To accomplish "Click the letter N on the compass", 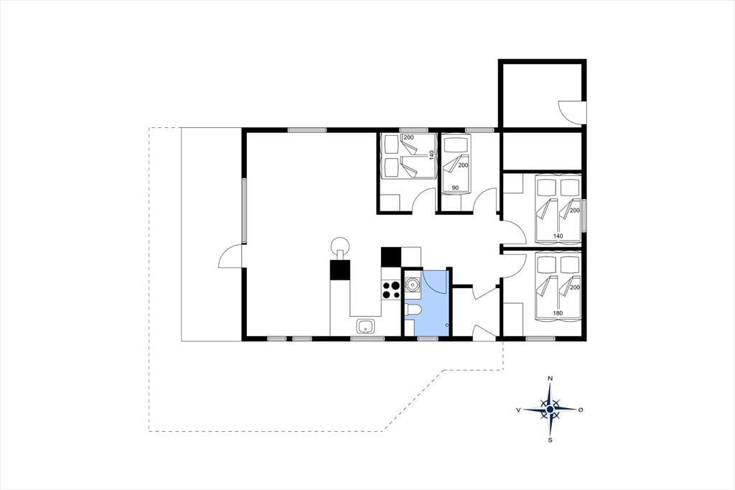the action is [x=551, y=379].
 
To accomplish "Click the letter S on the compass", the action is [x=551, y=440].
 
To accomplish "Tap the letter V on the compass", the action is [x=518, y=410].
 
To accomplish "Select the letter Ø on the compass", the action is [x=581, y=410].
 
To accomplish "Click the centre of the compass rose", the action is [x=551, y=410].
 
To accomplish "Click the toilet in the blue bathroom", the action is [x=413, y=310].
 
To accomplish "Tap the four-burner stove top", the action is [x=390, y=290].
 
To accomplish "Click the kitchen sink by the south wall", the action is [x=365, y=325].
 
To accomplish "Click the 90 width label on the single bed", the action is [x=454, y=188].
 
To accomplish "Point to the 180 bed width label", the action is [x=558, y=313].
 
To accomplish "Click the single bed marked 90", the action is [x=456, y=164].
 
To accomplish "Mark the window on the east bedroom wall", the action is [x=584, y=216].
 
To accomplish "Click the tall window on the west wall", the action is [x=244, y=211].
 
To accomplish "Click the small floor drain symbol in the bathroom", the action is [x=446, y=325].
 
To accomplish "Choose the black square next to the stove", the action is [x=391, y=256].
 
